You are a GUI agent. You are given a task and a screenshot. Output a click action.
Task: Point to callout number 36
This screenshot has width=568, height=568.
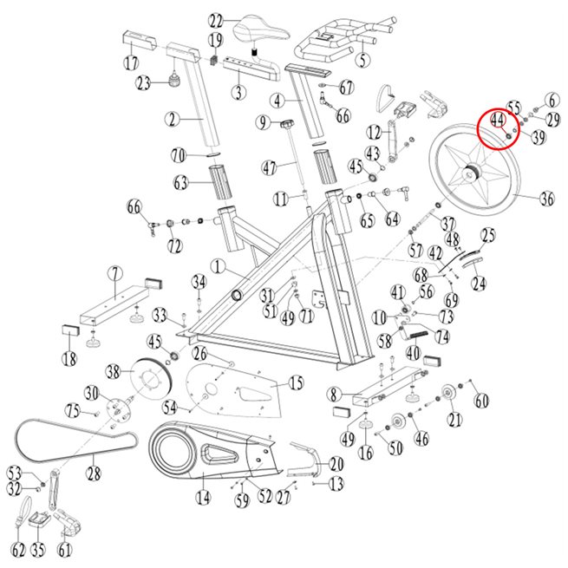[x=545, y=199]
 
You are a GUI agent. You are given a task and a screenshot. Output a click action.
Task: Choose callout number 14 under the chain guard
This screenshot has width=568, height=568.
[x=203, y=499]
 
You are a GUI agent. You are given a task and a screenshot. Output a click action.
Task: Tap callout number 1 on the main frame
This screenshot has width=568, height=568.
[x=216, y=265]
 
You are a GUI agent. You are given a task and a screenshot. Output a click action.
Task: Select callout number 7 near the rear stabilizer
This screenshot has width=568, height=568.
[x=113, y=273]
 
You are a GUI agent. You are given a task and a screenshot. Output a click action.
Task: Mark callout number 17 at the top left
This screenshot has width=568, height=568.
[x=132, y=62]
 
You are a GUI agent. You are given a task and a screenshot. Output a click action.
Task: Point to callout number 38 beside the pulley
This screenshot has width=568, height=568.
[x=114, y=373]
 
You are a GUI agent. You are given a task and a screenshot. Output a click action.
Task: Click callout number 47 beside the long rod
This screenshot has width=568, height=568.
[x=269, y=166]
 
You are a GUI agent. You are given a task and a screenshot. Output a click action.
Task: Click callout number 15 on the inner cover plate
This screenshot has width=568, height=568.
[x=297, y=382]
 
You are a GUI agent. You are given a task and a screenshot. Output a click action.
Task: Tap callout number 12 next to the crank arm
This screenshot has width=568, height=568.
[x=374, y=132]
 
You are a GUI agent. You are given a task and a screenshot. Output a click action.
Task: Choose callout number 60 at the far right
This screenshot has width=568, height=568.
[x=481, y=400]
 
